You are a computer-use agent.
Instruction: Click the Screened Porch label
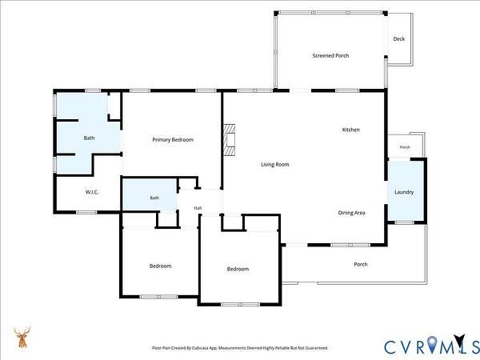pos(330,55)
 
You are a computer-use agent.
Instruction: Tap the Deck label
pos(399,39)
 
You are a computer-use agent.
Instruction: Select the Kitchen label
pos(351,130)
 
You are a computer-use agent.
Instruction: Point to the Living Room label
pos(275,164)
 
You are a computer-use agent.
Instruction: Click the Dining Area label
pos(351,213)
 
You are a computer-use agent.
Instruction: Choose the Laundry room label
pos(404,192)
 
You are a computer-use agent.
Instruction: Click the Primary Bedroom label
pos(173,140)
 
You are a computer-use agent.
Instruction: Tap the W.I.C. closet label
pos(92,192)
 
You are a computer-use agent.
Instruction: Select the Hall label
pos(198,208)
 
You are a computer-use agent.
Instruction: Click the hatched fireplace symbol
pos(230,140)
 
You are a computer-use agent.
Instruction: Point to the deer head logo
pos(22,337)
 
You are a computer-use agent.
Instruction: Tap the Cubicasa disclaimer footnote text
pos(240,348)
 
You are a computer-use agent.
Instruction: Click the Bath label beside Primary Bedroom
pos(89,138)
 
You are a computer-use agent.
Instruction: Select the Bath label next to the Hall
pos(154,198)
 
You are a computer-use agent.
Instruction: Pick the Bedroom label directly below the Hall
pos(238,269)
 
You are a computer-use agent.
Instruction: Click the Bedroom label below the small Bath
pos(161,266)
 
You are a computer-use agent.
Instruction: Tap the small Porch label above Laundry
pos(405,147)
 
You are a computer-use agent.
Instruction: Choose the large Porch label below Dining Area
pos(361,264)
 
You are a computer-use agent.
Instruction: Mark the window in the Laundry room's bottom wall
pos(404,222)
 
